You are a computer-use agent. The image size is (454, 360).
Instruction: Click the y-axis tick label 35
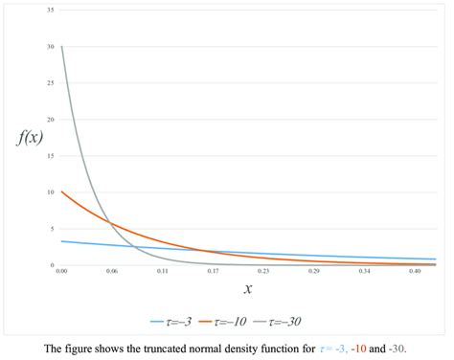click(x=50, y=10)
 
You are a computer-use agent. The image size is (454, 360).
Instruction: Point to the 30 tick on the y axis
click(x=50, y=46)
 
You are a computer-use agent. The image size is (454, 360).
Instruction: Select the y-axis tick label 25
click(x=50, y=82)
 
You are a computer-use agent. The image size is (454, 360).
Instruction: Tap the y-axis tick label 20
click(x=50, y=119)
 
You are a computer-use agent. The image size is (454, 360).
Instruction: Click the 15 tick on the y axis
click(x=50, y=155)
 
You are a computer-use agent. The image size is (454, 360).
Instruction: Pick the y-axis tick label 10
click(x=50, y=191)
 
